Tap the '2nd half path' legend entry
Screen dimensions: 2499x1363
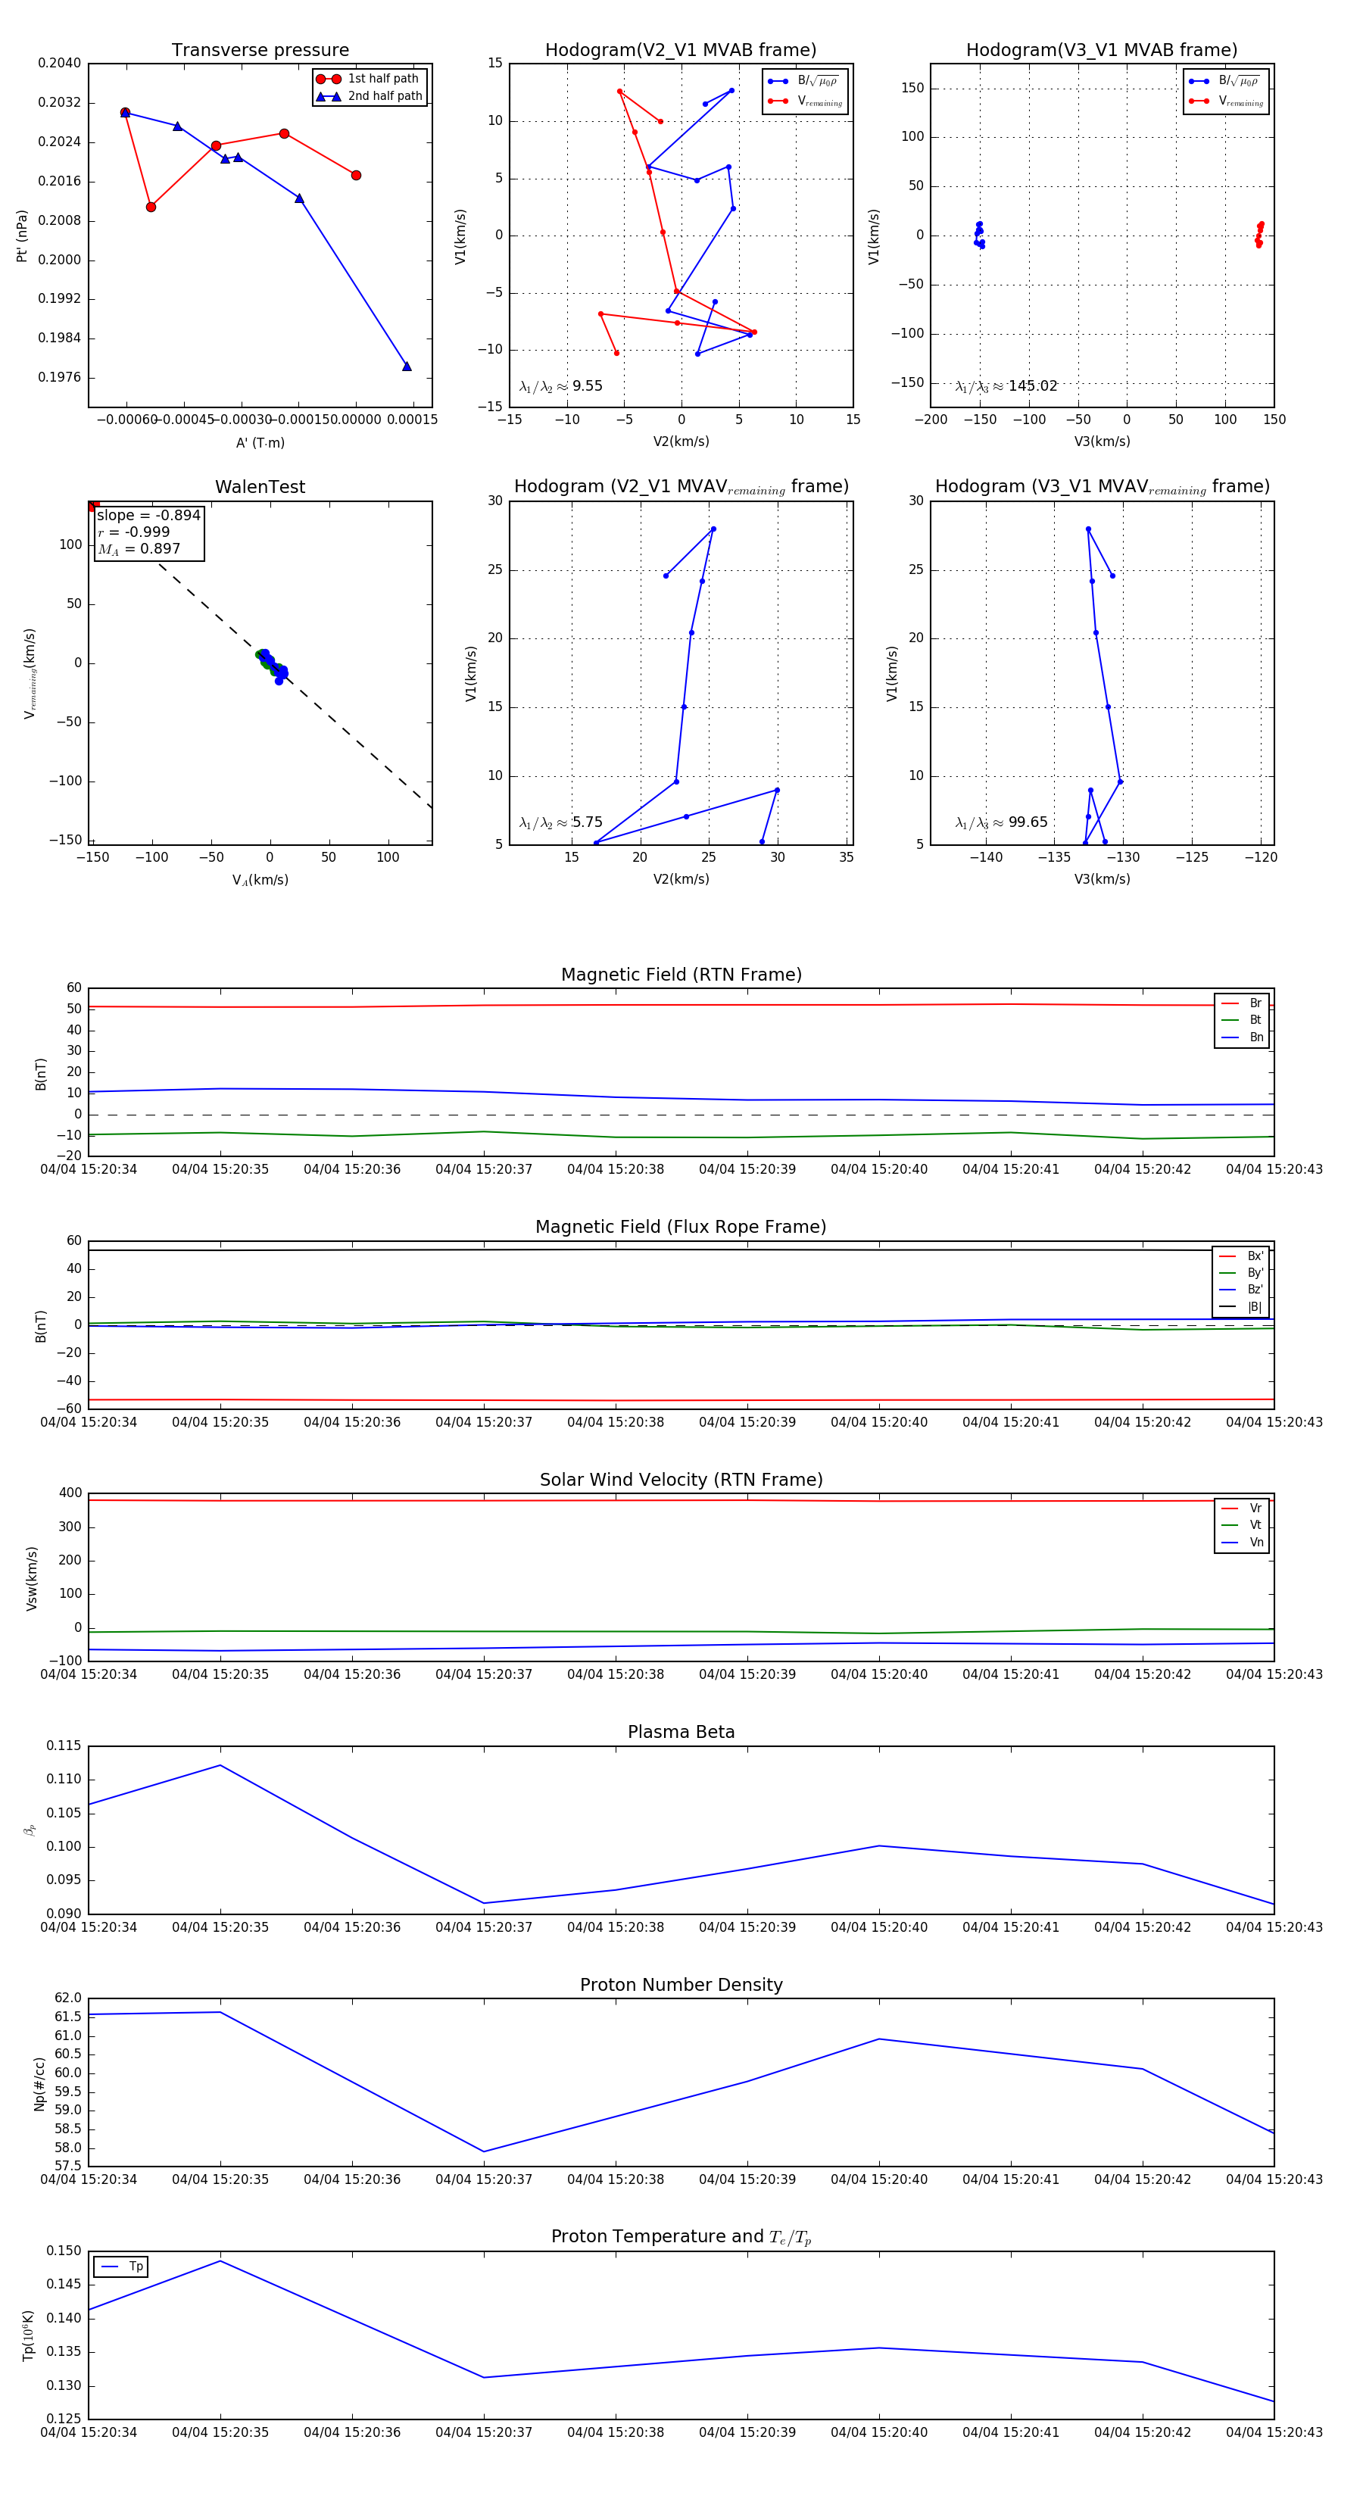tap(384, 96)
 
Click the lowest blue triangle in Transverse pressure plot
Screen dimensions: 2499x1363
tap(407, 367)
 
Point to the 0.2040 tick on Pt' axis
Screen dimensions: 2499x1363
tap(59, 63)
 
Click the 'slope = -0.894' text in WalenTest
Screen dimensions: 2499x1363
tap(148, 515)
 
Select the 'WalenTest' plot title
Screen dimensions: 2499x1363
tap(260, 487)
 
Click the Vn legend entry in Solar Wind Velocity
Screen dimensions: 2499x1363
tap(1255, 1543)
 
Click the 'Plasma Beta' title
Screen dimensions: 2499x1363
tap(681, 1732)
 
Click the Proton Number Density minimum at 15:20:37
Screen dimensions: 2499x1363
tap(484, 2151)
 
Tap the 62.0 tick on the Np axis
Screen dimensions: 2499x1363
tap(68, 1998)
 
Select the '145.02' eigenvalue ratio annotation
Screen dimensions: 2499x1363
tap(1032, 386)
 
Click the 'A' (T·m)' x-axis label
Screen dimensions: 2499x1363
tap(260, 443)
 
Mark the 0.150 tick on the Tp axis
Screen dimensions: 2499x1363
tap(64, 2251)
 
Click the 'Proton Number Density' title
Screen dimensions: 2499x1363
tap(681, 1984)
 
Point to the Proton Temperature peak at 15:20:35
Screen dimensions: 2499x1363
tap(220, 2261)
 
